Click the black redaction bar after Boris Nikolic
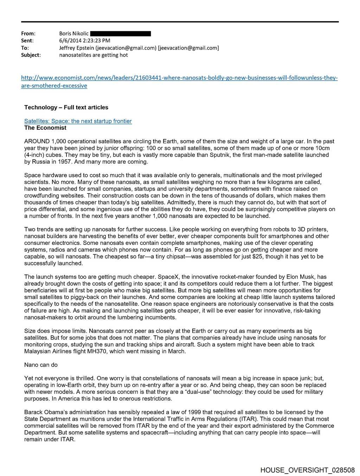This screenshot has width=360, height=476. (x=121, y=34)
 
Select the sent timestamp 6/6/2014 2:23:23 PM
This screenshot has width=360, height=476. (x=84, y=41)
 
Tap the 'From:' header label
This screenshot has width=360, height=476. (x=28, y=34)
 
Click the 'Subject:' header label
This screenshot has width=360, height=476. (x=31, y=55)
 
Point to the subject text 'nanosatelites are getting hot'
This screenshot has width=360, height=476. (x=94, y=55)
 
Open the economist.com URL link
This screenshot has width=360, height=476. (x=179, y=78)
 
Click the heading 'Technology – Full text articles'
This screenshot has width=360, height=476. (x=66, y=108)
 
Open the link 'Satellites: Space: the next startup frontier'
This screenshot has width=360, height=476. (x=78, y=121)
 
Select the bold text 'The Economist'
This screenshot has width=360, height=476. (x=45, y=128)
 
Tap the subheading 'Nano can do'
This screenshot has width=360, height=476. (x=41, y=365)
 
